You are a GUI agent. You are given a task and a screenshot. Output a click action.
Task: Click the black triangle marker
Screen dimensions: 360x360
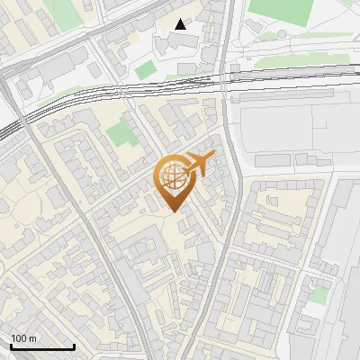181,24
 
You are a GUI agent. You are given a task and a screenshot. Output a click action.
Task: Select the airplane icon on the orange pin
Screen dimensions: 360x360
195,165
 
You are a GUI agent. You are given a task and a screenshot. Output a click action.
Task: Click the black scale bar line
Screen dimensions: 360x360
41,346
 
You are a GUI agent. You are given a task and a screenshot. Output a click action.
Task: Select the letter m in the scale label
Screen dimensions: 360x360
32,338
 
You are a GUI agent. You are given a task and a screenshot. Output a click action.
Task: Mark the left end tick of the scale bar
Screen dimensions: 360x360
11,345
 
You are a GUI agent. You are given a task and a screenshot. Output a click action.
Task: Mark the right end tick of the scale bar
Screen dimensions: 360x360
73,345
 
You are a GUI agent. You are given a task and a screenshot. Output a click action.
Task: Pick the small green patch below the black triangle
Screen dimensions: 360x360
146,67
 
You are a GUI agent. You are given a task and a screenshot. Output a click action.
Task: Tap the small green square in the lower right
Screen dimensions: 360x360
317,296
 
